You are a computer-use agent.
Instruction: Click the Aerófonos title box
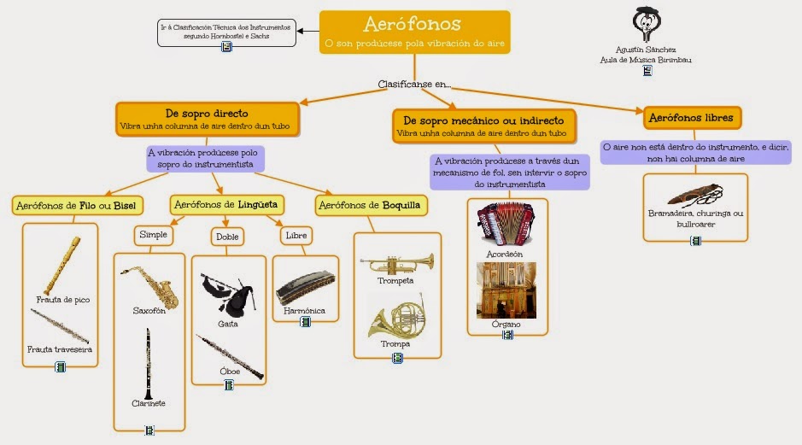[414, 32]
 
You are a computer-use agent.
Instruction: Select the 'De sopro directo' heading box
[207, 119]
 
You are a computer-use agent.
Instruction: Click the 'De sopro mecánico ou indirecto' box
[483, 126]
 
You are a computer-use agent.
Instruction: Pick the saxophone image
[150, 285]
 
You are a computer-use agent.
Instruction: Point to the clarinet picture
[148, 364]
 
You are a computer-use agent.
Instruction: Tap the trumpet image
[396, 262]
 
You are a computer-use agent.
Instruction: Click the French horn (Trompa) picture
[396, 316]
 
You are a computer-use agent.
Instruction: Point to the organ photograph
[506, 290]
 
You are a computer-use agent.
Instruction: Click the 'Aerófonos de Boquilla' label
[372, 205]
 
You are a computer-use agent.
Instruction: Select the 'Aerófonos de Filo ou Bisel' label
[78, 205]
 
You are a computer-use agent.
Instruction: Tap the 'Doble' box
[227, 237]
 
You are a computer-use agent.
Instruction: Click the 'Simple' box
[155, 234]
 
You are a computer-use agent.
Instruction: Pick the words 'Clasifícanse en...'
[414, 85]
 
